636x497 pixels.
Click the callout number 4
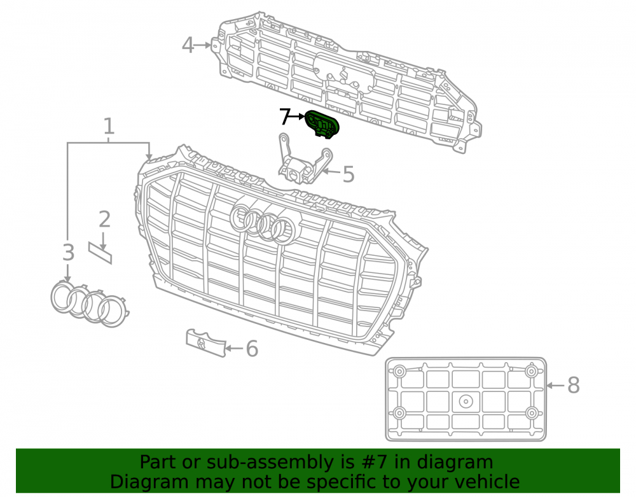pos(188,45)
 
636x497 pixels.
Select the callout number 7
pos(286,116)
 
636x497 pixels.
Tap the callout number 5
pos(349,174)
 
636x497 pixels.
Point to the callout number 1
pos(108,126)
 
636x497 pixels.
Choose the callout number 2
pos(104,219)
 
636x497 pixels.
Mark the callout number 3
pos(68,253)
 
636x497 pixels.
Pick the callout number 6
pos(252,349)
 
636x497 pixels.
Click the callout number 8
pos(573,385)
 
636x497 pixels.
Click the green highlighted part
pos(322,123)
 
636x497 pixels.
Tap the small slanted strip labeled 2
pos(100,253)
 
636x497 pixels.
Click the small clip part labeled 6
pos(205,343)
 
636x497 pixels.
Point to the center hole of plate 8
pos(466,402)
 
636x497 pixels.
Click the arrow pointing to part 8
pos(555,385)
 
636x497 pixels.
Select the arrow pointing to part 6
pos(234,349)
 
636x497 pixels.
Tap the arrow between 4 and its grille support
pos(204,45)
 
